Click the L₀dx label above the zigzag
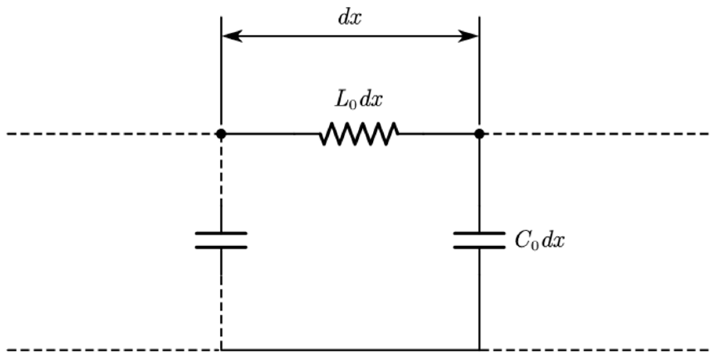click(358, 100)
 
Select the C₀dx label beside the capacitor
click(539, 241)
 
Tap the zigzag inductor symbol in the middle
click(358, 134)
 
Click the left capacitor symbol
click(221, 240)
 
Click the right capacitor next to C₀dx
click(479, 240)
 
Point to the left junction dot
click(221, 134)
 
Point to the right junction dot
click(479, 134)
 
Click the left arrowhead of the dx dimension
click(231, 36)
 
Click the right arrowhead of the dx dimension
click(469, 36)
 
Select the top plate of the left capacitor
click(221, 233)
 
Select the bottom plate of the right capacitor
click(479, 247)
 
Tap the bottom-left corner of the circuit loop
click(221, 349)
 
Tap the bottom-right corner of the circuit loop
click(479, 349)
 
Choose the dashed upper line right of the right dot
click(596, 134)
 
